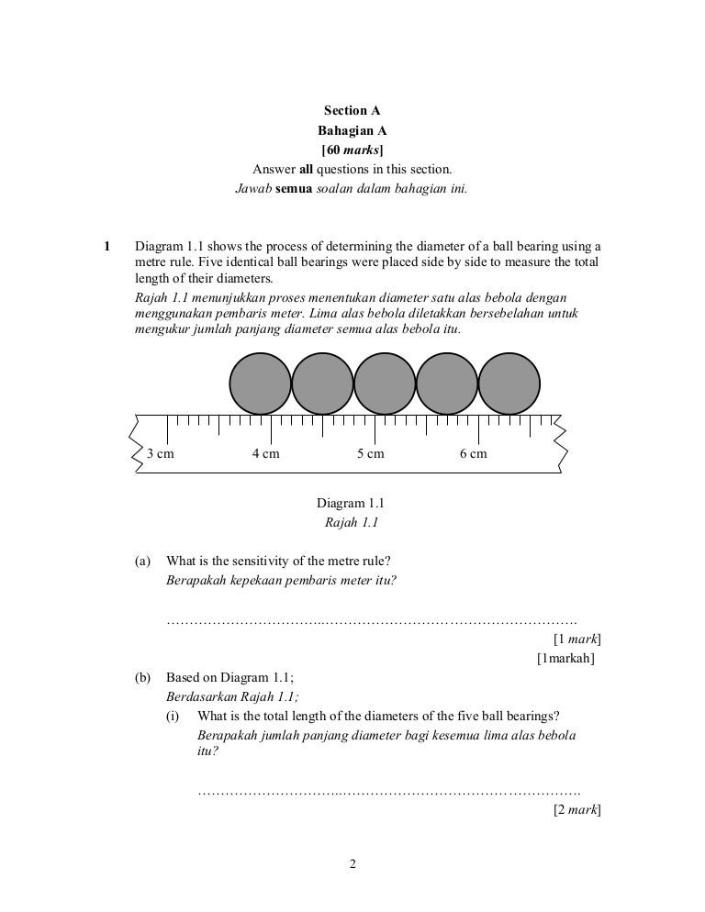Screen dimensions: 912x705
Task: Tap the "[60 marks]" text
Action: point(352,149)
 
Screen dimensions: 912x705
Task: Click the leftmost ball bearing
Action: point(260,384)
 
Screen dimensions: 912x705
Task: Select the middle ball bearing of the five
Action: point(385,384)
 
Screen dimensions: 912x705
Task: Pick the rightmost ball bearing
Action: point(509,384)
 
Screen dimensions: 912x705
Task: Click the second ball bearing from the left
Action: point(322,384)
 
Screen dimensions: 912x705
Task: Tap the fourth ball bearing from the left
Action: point(447,384)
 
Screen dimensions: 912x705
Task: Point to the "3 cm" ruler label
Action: point(161,454)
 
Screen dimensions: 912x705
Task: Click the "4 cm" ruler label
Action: point(265,454)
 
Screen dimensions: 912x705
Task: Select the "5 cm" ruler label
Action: point(370,454)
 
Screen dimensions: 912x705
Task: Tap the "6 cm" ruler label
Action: point(474,454)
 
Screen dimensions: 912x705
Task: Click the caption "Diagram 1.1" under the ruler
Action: point(350,504)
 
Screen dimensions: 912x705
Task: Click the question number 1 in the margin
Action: point(106,246)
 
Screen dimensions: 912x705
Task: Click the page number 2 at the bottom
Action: point(352,863)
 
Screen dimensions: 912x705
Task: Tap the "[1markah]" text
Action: point(565,658)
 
